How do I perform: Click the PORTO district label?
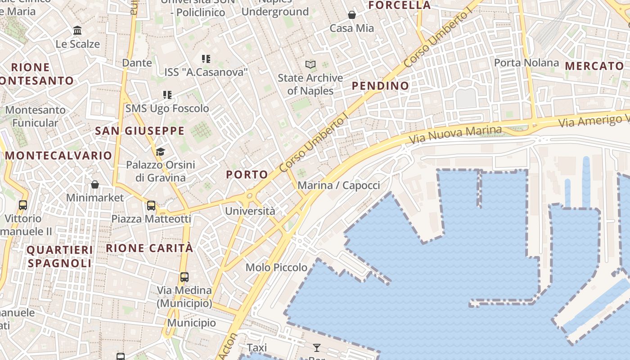247,175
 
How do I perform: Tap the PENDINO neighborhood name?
380,86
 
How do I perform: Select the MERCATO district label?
594,66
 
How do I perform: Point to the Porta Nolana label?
526,63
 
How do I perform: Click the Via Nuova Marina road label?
455,133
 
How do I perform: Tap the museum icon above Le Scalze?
77,31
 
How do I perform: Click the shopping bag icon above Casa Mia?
352,15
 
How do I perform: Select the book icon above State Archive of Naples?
310,64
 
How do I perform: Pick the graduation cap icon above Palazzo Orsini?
161,152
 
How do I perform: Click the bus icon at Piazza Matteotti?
151,206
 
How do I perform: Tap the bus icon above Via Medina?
184,277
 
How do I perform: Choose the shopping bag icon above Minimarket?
95,184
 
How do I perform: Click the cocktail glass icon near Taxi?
317,347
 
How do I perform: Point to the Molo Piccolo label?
276,268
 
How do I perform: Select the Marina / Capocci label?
339,185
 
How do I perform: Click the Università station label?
250,211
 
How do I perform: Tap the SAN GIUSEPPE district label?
139,131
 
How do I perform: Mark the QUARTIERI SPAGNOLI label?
59,256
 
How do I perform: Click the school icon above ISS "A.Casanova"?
206,58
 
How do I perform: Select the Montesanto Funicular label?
35,116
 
